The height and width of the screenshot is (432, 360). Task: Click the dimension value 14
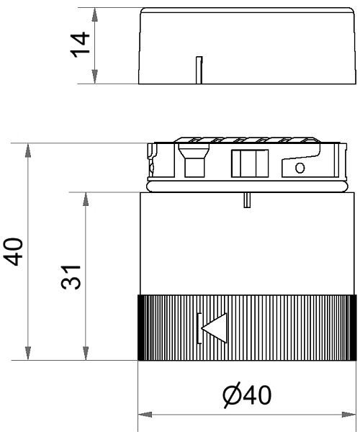81,45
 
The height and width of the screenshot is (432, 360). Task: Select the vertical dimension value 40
13,251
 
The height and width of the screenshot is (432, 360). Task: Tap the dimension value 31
71,276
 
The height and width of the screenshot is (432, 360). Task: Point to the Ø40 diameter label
247,395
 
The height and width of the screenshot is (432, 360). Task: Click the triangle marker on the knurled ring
215,328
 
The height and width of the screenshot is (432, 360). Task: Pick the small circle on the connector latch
300,168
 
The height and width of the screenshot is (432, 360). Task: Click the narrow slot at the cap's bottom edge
199,70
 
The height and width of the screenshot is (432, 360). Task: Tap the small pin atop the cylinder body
247,200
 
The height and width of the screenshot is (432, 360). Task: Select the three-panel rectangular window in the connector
250,163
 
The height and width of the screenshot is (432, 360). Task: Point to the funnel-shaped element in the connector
194,161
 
